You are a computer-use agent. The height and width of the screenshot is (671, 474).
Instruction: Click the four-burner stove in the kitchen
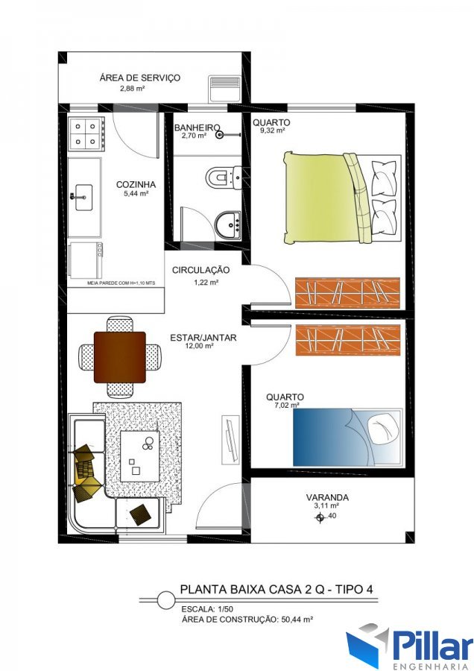87,134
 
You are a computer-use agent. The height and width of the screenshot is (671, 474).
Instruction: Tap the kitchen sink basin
84,198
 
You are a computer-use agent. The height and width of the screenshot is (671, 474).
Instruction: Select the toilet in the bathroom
224,177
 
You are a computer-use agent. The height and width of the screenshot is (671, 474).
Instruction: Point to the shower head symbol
220,135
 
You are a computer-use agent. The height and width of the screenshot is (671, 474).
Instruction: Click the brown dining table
120,357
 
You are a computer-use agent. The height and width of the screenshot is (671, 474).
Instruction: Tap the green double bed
342,198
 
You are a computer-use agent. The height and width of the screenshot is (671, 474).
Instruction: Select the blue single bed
347,437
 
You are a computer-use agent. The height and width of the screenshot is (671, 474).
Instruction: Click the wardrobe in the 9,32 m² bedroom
347,293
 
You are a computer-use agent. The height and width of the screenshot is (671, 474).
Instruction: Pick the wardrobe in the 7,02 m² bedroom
347,340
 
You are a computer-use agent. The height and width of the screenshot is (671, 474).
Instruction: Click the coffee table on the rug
140,456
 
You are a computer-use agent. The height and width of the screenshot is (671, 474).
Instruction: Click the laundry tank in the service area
224,89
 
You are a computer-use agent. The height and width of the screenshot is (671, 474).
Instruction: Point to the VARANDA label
327,498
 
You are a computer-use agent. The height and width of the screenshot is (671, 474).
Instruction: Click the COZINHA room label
136,185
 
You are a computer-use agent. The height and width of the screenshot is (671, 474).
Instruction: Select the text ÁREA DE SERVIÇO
140,78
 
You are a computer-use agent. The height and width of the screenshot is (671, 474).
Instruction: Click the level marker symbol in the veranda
320,518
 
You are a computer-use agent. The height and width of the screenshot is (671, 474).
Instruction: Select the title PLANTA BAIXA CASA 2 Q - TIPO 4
276,589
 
